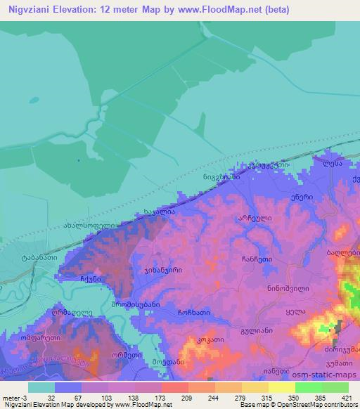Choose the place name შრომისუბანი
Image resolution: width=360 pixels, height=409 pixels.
pos(141,305)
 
